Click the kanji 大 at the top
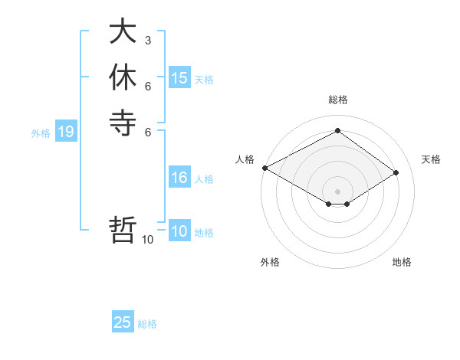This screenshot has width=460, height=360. point(123,33)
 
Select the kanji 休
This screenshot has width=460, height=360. point(123,78)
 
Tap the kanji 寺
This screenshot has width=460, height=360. point(123,123)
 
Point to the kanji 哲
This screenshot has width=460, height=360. point(123,230)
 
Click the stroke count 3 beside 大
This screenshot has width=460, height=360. point(148,41)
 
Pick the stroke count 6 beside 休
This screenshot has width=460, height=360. point(148,86)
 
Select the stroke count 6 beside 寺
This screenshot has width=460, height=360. point(148,131)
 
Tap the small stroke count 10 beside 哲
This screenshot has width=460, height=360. point(148,240)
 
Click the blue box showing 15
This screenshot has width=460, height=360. point(179,78)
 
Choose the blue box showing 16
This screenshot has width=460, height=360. point(179,178)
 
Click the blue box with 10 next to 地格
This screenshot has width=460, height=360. point(179,231)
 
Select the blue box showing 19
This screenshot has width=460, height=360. point(66,132)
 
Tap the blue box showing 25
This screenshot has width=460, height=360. point(123,322)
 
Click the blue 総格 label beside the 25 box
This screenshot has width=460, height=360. point(147,324)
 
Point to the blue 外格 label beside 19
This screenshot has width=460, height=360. point(41,133)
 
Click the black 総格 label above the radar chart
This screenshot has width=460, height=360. point(337,100)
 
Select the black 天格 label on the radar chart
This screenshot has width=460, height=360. point(431,159)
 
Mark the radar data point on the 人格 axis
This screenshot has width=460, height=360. point(264,167)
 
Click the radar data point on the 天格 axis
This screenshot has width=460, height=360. point(396,172)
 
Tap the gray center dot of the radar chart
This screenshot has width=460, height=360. point(337,191)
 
